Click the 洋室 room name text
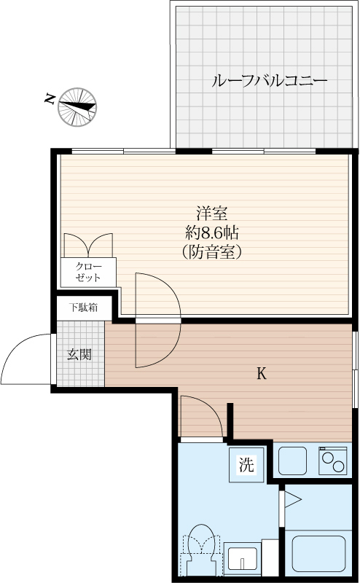pos(212,214)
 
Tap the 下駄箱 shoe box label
pos(84,308)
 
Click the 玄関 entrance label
pos(79,355)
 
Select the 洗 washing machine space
pos(247,465)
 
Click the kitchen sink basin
pos(294,461)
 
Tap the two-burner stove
pos(334,461)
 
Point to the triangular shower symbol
pos(293,499)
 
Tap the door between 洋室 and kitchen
pos(157,321)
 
